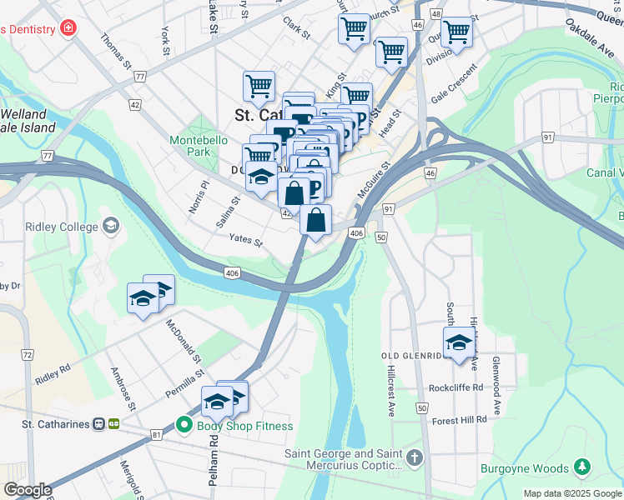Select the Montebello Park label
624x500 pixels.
point(199,147)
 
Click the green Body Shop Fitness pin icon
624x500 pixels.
point(184,426)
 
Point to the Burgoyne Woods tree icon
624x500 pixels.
point(583,468)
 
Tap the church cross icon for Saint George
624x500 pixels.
point(415,458)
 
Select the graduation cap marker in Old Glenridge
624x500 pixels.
point(458,342)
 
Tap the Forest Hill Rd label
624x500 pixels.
point(459,420)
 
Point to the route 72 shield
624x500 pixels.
point(28,355)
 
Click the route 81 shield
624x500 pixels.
point(156,435)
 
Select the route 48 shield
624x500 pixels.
point(435,15)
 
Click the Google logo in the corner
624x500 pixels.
point(28,489)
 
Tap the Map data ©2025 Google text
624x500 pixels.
point(571,493)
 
